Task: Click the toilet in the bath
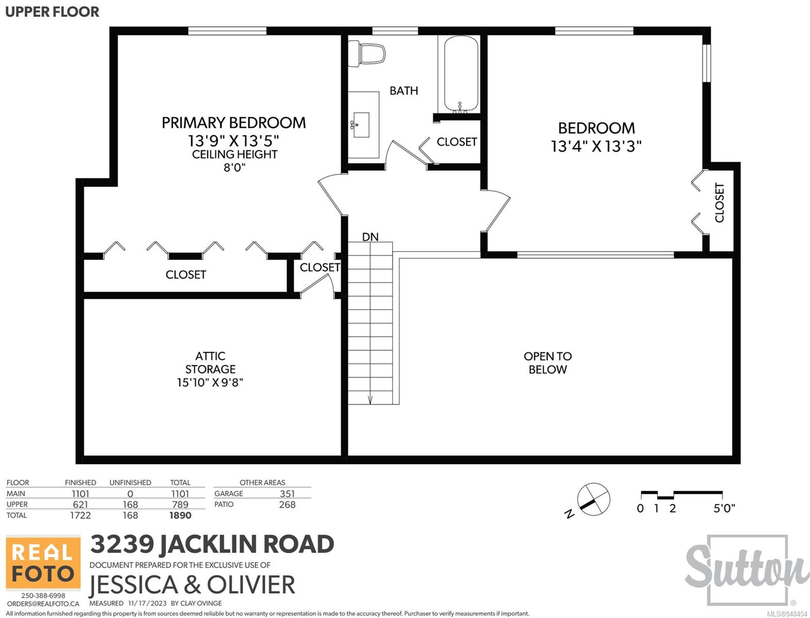(367, 54)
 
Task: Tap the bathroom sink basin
(361, 125)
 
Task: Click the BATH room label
(403, 91)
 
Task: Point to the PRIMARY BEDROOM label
(234, 123)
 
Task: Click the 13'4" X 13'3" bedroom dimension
(596, 146)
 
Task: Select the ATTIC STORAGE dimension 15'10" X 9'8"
(210, 382)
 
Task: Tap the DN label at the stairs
(370, 237)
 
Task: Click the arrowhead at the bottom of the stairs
(370, 400)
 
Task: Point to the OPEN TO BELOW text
(548, 363)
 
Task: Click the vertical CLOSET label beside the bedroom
(720, 202)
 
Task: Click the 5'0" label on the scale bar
(724, 508)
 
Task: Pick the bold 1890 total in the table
(180, 516)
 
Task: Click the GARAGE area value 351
(287, 494)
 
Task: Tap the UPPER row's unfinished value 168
(130, 504)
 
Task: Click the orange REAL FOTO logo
(43, 563)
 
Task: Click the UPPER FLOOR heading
(52, 12)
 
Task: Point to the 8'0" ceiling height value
(234, 168)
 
